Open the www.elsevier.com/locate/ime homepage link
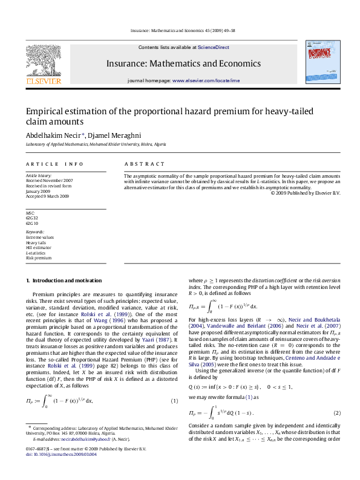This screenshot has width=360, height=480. pyautogui.click(x=206, y=80)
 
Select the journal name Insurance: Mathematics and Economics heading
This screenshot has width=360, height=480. pyautogui.click(x=183, y=63)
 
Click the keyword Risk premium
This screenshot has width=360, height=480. pyautogui.click(x=38, y=258)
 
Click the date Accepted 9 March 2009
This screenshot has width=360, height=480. pyautogui.click(x=47, y=196)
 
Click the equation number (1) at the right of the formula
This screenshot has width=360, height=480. pyautogui.click(x=174, y=401)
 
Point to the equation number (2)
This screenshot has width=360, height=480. pyautogui.click(x=337, y=413)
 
